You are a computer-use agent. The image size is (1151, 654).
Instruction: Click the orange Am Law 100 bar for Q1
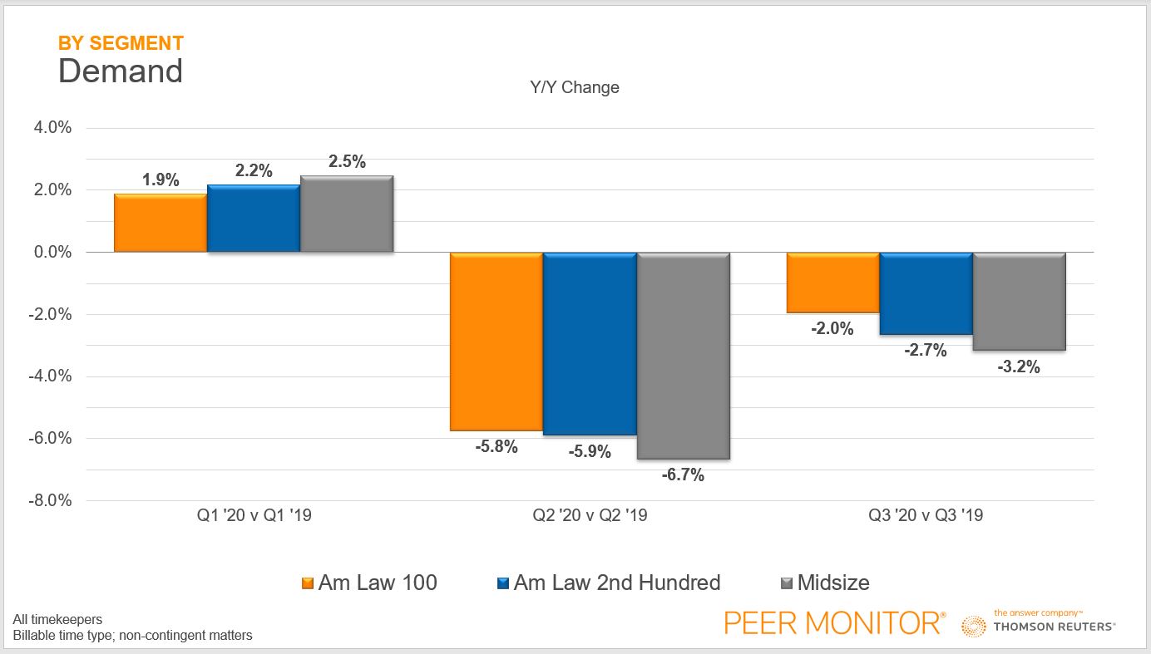point(161,223)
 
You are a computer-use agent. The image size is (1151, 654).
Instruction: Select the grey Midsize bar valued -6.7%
point(683,356)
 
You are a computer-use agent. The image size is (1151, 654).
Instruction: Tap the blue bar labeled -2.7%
point(926,294)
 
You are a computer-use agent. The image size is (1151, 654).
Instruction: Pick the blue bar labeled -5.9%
point(590,344)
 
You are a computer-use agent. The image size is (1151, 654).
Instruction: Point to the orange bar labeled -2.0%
point(832,283)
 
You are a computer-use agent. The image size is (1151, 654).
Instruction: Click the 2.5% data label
point(347,162)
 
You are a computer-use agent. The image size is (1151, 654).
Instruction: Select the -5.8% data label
point(496,447)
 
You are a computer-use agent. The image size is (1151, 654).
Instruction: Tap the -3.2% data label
point(1019,366)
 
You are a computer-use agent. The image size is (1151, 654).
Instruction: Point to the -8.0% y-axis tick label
point(52,501)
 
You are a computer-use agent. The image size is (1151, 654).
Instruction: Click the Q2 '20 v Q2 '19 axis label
point(590,516)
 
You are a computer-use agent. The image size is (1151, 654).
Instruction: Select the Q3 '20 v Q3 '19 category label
point(926,516)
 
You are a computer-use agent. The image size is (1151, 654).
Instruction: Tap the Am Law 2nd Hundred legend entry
point(616,583)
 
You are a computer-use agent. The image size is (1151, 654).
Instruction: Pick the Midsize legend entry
point(832,583)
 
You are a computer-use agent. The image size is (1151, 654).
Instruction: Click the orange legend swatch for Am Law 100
point(307,583)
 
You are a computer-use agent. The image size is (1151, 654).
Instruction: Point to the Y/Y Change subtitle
point(575,87)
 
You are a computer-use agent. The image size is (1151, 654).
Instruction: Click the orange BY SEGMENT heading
point(121,43)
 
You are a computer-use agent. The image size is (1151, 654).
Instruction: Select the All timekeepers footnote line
point(57,620)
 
